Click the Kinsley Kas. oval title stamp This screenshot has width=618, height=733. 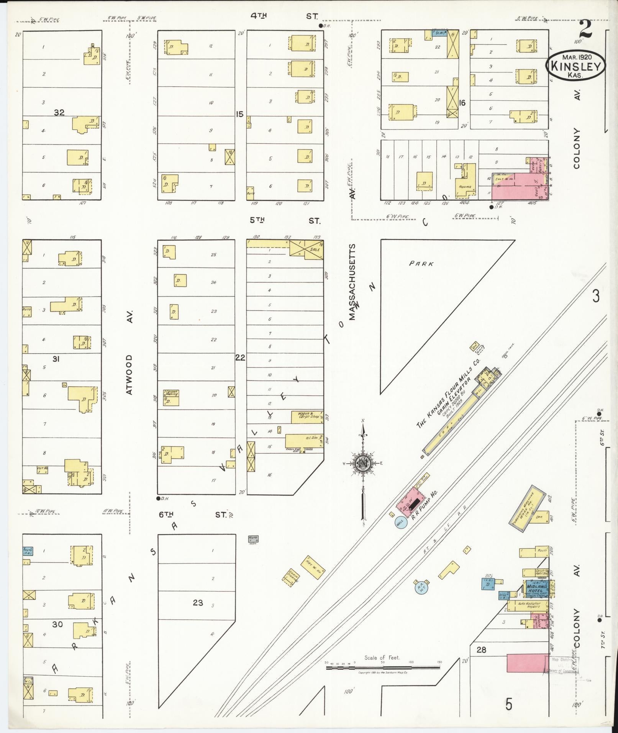(x=575, y=66)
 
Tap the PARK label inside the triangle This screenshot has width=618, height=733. (x=421, y=264)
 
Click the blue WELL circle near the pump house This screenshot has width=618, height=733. (x=400, y=522)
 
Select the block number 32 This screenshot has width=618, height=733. (x=59, y=113)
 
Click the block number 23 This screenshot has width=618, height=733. (x=198, y=603)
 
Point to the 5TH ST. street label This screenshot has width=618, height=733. (x=284, y=220)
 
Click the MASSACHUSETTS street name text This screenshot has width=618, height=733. (x=352, y=282)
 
